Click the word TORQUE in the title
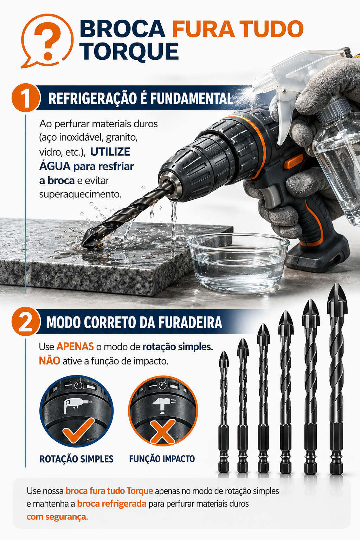coord(129,51)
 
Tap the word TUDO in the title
coord(269,28)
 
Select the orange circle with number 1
coord(26,98)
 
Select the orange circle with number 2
coord(26,322)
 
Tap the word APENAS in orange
coord(75,347)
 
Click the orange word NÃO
coord(50,361)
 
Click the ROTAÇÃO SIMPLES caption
coord(76,459)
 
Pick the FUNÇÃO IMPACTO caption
coord(162,459)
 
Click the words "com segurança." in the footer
coord(57,516)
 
